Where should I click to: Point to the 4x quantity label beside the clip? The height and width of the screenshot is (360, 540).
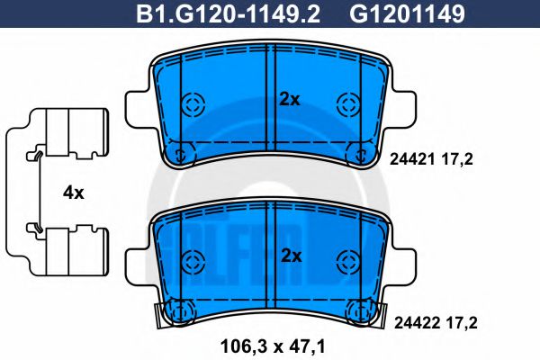click(73, 193)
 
